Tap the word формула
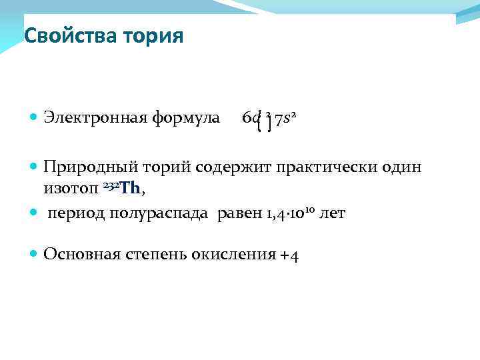click(x=187, y=119)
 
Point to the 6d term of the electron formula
click(x=251, y=119)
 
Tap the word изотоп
click(x=71, y=190)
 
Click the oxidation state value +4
click(x=290, y=255)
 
